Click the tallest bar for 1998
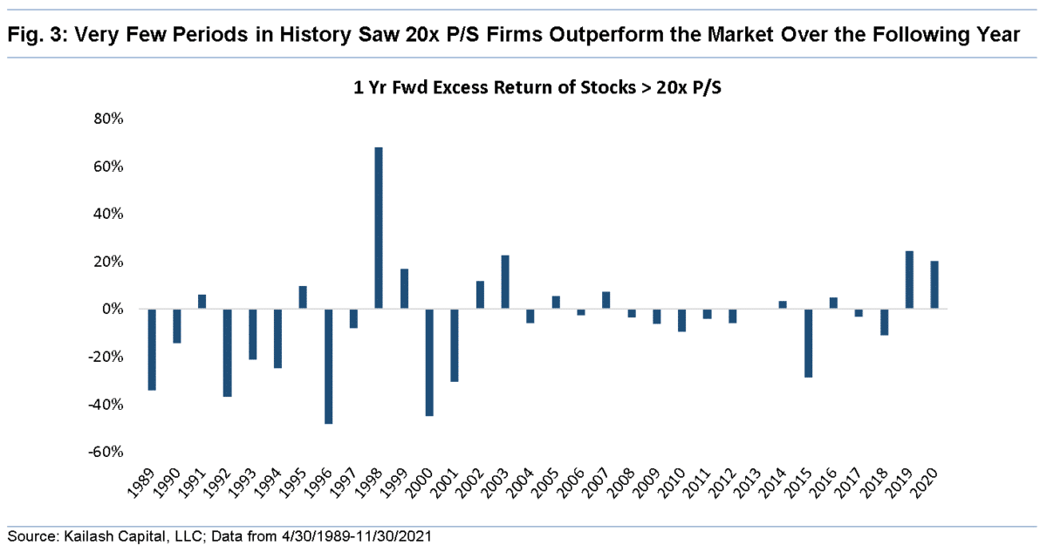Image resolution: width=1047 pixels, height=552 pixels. click(x=379, y=228)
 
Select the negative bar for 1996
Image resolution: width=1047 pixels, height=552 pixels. click(x=328, y=366)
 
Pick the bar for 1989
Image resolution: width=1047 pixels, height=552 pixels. click(x=152, y=350)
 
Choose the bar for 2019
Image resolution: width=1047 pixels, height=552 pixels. click(x=909, y=280)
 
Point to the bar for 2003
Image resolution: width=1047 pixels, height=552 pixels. click(x=505, y=282)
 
